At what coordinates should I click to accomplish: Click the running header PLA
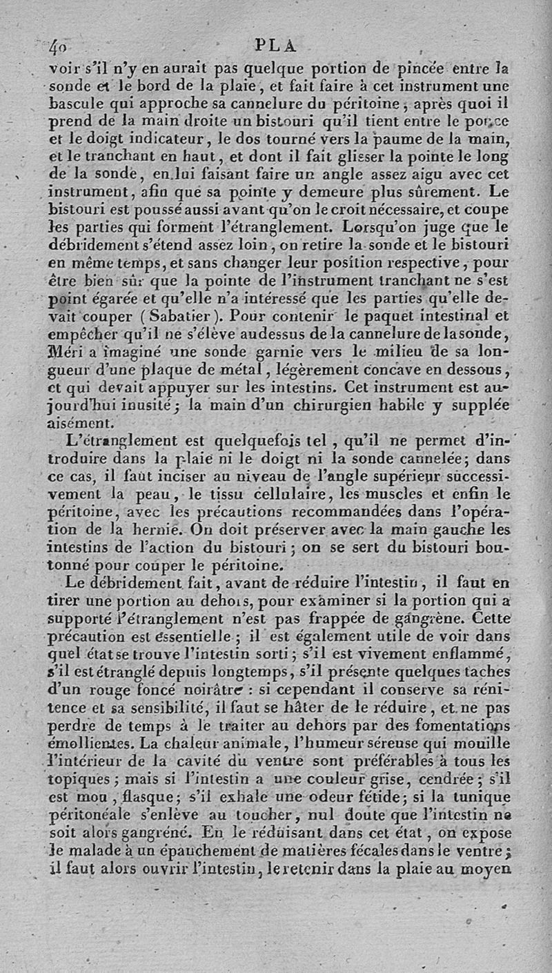point(275,46)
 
